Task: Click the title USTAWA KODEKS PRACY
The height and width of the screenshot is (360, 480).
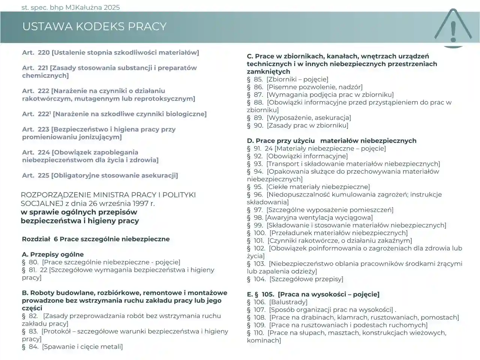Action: [x=94, y=26]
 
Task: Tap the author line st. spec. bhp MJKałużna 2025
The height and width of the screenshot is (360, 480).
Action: [x=70, y=7]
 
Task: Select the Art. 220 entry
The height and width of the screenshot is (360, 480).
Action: [x=110, y=52]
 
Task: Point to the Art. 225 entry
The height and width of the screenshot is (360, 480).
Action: [x=100, y=175]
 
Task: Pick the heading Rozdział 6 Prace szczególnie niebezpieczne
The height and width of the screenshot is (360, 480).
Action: [x=96, y=239]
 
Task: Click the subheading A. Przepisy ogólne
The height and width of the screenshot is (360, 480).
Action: [x=52, y=254]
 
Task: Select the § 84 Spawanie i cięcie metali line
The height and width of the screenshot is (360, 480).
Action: [x=72, y=346]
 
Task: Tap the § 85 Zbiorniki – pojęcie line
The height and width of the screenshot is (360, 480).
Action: [x=287, y=79]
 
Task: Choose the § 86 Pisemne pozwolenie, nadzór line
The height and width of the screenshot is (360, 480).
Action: [x=304, y=87]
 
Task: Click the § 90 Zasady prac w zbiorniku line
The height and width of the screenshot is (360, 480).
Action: [x=297, y=125]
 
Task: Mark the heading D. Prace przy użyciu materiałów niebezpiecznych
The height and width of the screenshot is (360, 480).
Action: [x=331, y=141]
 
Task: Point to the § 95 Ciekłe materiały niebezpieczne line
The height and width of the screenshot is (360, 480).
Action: [x=308, y=187]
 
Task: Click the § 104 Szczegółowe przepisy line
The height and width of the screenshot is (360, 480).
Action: [x=295, y=279]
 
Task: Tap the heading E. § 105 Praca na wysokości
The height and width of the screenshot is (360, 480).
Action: [x=313, y=294]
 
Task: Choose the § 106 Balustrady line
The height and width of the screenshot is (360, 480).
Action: [x=277, y=302]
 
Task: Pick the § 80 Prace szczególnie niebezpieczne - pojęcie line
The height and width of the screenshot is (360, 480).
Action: [x=101, y=262]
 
